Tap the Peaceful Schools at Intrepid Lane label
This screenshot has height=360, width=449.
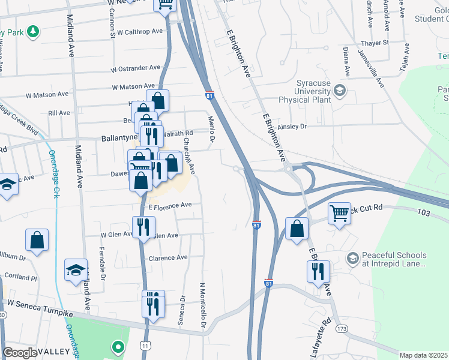393,259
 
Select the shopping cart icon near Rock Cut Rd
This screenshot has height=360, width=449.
339,213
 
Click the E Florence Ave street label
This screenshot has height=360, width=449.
170,205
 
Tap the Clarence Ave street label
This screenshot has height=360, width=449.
168,257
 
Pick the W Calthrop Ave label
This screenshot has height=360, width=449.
140,32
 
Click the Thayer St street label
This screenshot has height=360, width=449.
376,43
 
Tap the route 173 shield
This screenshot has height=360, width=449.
342,329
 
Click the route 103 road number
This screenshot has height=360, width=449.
424,212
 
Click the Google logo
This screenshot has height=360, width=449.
20,353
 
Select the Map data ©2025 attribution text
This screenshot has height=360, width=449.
424,355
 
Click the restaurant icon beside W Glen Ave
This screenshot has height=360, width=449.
143,227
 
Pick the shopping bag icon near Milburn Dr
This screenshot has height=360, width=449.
37,240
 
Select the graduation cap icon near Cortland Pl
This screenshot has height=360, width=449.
76,269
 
